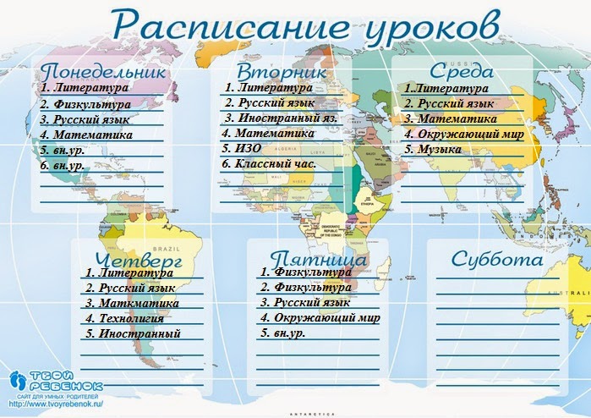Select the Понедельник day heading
(103, 71)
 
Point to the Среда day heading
(461, 71)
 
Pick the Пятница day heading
(319, 259)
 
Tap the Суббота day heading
(496, 259)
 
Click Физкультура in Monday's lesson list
(85, 104)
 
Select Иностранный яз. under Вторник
(280, 118)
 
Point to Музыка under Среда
(433, 150)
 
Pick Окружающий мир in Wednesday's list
(464, 135)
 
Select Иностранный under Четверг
(134, 333)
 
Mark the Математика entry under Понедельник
(86, 135)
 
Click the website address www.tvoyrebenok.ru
(56, 404)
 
